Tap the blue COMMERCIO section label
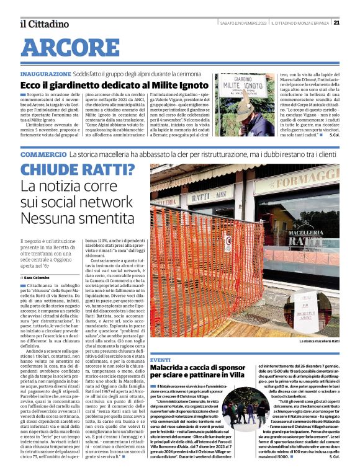coord(43,154)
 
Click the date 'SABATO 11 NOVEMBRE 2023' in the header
coord(244,23)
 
